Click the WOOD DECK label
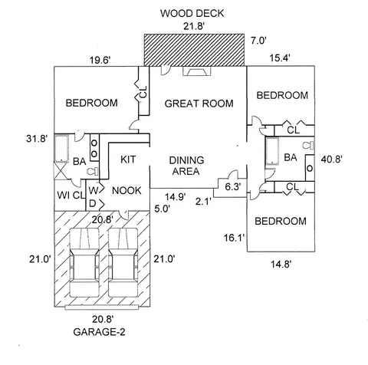point(192,14)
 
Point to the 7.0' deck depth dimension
point(258,41)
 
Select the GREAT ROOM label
point(199,104)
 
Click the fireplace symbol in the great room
point(197,71)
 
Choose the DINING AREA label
point(186,166)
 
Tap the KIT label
point(128,159)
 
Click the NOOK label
point(127,190)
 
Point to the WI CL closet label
point(71,196)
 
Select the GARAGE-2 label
point(99,332)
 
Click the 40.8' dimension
point(332,159)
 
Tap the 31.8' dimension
point(37,139)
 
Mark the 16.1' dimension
point(235,238)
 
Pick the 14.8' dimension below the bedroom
point(281,264)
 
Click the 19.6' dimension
point(100,61)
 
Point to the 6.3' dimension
point(232,187)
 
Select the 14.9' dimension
point(176,197)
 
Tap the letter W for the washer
point(94,190)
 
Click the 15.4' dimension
point(280,58)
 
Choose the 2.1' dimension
point(203,202)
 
